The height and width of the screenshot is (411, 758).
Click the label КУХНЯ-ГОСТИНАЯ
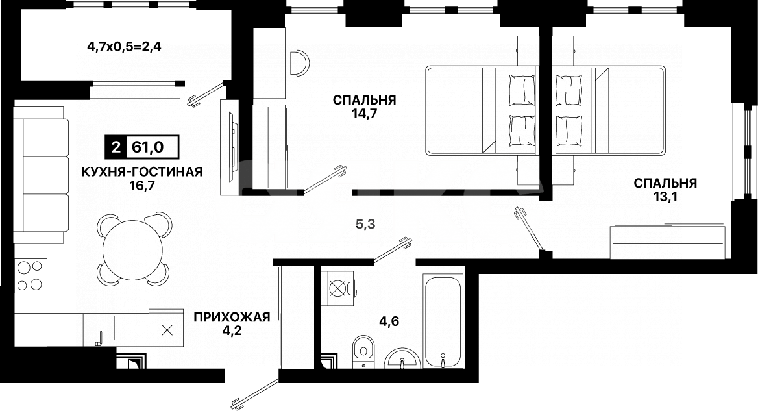pos(142,171)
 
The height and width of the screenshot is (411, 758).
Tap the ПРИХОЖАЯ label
pos(231,317)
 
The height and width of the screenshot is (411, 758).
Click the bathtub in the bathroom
pos(443,321)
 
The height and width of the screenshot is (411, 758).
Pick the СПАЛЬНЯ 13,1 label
pos(665,190)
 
